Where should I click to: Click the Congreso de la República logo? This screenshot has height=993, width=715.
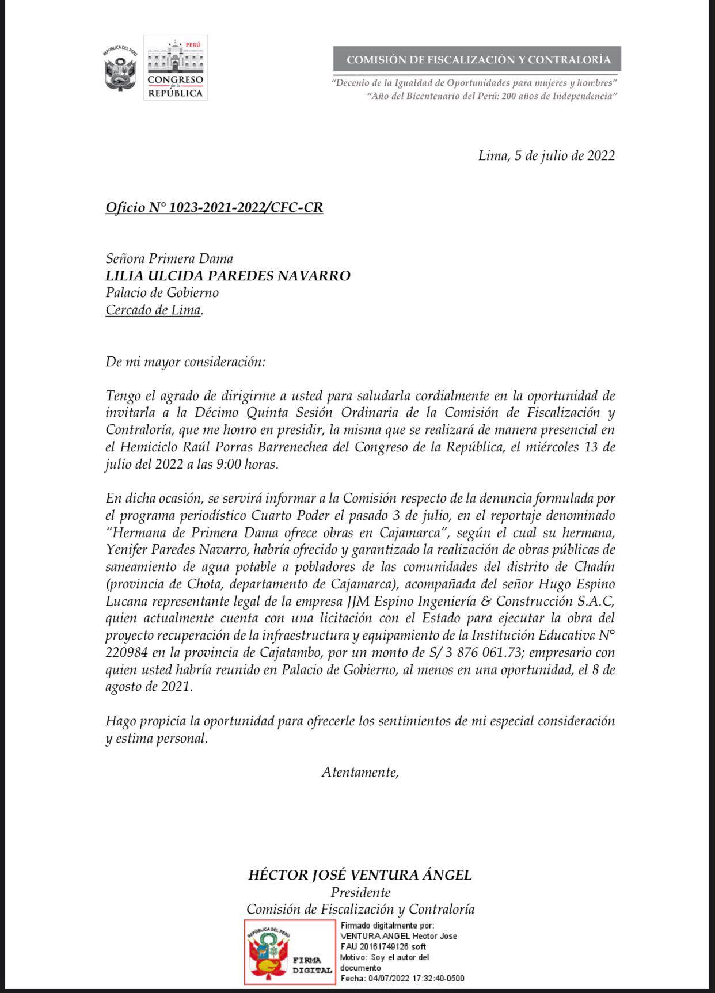(x=175, y=68)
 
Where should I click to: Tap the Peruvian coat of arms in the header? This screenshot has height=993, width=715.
(x=121, y=68)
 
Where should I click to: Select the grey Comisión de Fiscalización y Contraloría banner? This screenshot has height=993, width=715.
(x=477, y=59)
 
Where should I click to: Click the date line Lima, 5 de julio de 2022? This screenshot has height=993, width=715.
(x=546, y=155)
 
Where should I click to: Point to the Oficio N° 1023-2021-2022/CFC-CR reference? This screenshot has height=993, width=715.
(x=214, y=207)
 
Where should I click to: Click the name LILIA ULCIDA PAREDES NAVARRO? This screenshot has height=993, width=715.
(x=228, y=276)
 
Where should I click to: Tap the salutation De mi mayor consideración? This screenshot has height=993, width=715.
(x=185, y=362)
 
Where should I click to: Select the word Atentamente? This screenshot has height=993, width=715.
(x=360, y=772)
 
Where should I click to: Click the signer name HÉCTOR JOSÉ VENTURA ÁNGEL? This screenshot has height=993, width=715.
(x=360, y=875)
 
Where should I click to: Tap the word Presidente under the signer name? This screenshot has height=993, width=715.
(x=360, y=892)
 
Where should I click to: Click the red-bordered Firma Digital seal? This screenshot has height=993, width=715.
(x=289, y=951)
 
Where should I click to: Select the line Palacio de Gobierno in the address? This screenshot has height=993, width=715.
(x=162, y=292)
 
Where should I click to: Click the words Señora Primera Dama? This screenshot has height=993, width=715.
(x=169, y=259)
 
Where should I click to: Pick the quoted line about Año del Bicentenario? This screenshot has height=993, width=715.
(x=492, y=96)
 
